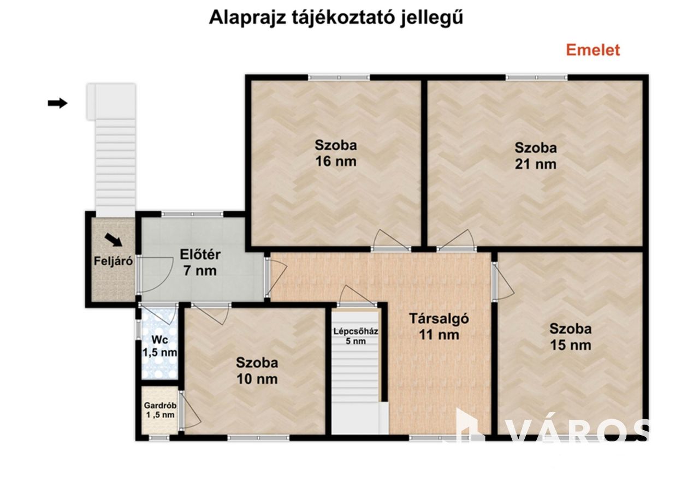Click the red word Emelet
593,50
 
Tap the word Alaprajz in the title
247,18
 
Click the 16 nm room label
336,153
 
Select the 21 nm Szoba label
536,156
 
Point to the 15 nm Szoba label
571,337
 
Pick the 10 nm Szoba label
257,371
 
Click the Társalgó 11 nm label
439,327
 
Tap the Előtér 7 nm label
200,263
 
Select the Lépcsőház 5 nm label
356,336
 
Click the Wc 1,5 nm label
160,346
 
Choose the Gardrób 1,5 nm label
160,410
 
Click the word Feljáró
113,261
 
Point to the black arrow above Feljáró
113,240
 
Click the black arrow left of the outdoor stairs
57,103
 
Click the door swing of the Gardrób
191,412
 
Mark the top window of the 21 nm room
536,78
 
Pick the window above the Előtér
192,214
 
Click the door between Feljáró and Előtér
155,275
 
